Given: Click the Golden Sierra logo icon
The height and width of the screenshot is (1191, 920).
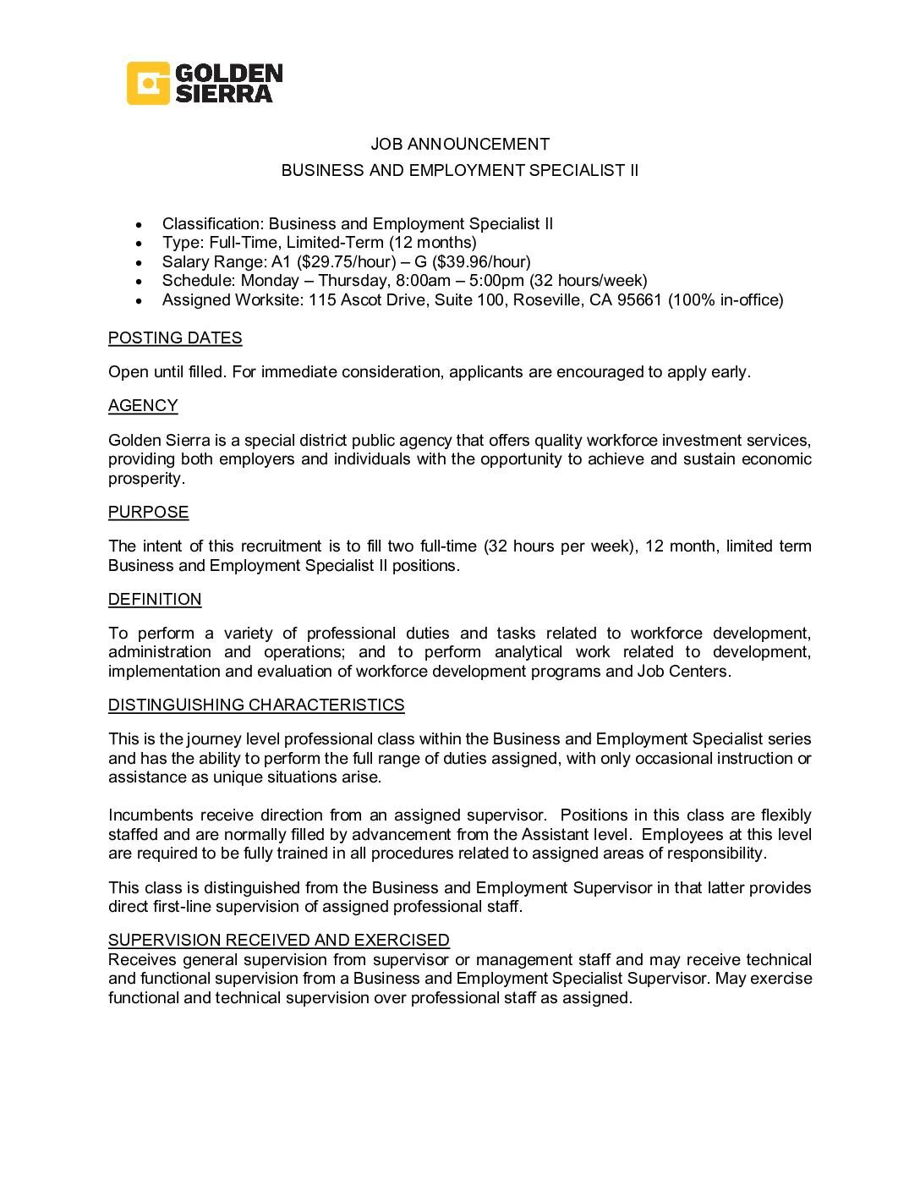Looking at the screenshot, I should pos(149,83).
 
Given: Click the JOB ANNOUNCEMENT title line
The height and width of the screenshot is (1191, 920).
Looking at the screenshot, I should pos(460,144).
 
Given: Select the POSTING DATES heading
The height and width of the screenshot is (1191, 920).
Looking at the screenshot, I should pos(175,338).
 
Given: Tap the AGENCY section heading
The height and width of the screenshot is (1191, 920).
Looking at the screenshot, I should pos(143,406).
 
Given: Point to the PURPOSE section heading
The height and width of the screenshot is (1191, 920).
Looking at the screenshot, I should pos(148,513).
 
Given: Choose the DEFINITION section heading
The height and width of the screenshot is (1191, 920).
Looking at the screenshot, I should pos(155,600).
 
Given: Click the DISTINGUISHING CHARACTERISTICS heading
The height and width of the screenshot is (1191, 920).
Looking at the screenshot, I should pos(256,705).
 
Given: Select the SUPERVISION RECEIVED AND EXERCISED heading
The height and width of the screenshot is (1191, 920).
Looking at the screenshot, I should pos(279,940).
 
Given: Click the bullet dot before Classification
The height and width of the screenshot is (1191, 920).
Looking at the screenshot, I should pos(139,225).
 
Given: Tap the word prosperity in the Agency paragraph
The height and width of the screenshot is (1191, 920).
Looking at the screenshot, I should pos(145,479).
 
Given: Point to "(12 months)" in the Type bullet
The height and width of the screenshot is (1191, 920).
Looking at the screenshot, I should pos(433,243).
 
